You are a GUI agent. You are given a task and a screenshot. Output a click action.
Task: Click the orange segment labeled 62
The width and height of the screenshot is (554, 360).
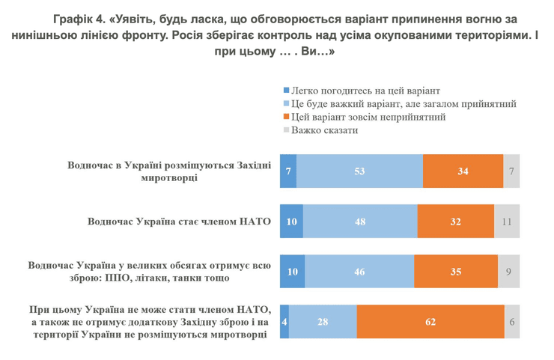430,321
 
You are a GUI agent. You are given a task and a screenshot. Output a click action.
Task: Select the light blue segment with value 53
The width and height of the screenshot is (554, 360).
359,171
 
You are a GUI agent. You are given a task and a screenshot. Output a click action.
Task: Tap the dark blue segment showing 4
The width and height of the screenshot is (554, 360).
284,321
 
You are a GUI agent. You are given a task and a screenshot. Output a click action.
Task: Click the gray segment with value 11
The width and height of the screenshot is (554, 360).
507,221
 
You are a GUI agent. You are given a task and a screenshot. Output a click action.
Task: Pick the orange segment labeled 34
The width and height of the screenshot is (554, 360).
463,171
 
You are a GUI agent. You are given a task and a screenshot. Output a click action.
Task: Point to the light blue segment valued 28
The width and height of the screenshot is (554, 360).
323,321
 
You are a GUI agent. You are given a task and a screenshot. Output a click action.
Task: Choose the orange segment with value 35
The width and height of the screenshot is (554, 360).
456,271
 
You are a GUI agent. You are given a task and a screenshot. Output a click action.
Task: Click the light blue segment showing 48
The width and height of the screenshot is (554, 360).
360,221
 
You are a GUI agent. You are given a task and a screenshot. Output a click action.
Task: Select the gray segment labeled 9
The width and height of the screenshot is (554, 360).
509,271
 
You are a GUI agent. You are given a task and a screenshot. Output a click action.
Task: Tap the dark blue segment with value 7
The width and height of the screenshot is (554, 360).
287,171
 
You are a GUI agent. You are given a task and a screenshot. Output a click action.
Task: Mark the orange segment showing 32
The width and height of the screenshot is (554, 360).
456,221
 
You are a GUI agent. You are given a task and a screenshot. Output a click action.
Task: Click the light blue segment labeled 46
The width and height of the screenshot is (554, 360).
359,271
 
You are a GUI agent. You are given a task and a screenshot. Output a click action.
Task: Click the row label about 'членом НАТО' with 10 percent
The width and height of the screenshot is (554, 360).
174,222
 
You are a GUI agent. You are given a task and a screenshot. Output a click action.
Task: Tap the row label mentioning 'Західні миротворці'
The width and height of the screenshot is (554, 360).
165,171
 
